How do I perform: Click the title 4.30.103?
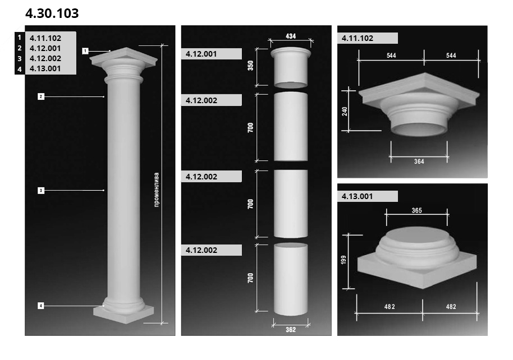[52, 13]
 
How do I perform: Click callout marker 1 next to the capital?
[85, 51]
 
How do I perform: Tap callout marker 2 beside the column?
[41, 96]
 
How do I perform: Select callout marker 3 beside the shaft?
[41, 190]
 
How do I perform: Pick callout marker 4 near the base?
[41, 306]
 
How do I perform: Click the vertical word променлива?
[157, 190]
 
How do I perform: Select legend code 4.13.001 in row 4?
[45, 68]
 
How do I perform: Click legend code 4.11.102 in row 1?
[45, 38]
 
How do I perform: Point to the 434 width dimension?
[291, 36]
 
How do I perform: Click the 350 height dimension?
[250, 66]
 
